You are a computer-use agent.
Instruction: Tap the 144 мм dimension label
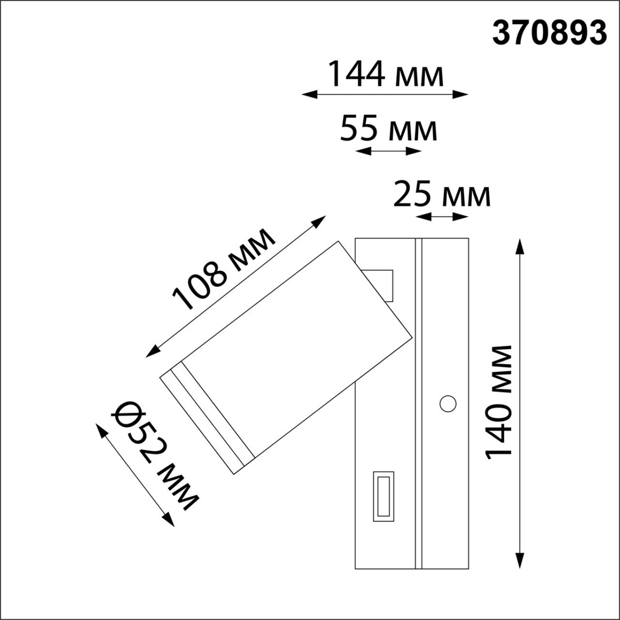point(386,75)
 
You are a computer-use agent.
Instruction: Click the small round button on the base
point(447,402)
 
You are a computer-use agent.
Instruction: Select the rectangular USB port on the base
point(383,494)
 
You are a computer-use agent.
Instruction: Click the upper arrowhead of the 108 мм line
point(320,221)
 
